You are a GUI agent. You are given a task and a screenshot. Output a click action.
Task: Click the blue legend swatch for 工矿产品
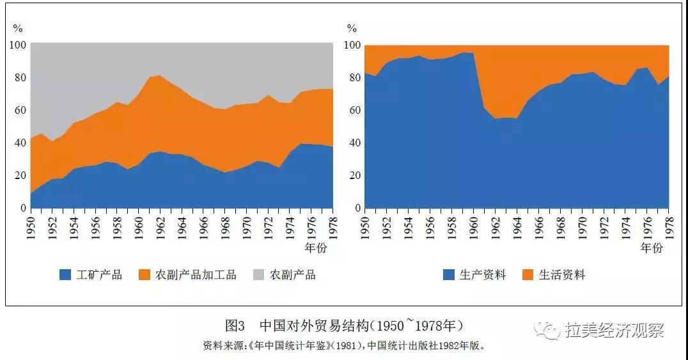(x=65, y=275)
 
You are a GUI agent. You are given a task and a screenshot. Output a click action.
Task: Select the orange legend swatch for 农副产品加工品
(x=145, y=275)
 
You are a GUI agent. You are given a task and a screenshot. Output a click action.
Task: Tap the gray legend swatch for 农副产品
(x=259, y=275)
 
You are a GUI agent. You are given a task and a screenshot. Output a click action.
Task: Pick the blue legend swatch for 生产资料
(x=448, y=275)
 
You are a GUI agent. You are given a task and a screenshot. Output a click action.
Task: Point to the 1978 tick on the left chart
(x=331, y=224)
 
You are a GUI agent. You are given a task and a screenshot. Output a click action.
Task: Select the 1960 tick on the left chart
(x=138, y=224)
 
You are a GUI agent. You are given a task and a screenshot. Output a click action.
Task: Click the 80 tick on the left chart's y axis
(x=19, y=78)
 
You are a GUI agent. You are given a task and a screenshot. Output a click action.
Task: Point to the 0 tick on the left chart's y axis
(x=23, y=208)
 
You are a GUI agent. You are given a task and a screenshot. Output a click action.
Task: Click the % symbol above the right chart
(x=352, y=28)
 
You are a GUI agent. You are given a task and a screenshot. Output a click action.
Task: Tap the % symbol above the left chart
(x=18, y=28)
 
